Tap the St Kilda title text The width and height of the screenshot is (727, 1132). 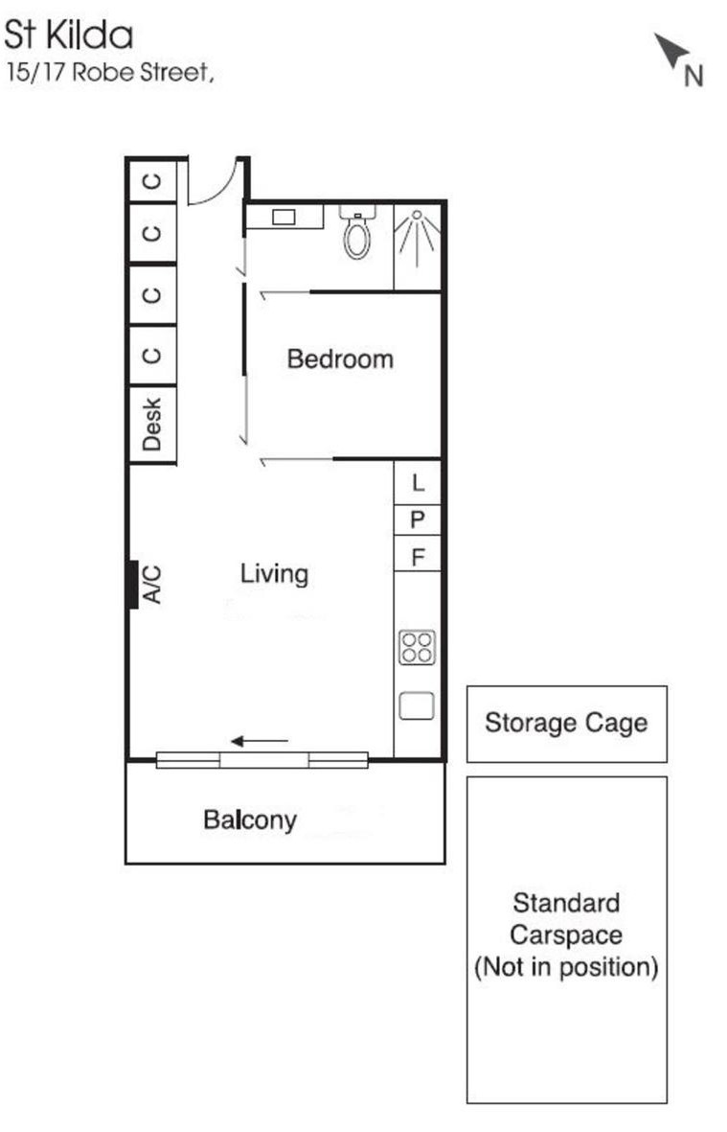[69, 35]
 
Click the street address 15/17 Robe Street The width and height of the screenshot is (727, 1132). [109, 73]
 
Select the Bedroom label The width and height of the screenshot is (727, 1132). [340, 358]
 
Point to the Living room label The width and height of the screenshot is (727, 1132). [274, 575]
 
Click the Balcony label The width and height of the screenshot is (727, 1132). [250, 820]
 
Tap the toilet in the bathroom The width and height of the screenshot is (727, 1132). [357, 231]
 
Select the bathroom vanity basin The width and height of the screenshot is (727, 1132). [284, 217]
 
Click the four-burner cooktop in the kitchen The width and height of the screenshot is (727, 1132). [417, 648]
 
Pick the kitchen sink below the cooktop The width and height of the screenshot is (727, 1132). [417, 706]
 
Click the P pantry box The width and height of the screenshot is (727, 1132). [418, 520]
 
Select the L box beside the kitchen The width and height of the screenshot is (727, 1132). [418, 482]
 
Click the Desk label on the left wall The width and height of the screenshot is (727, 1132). [151, 425]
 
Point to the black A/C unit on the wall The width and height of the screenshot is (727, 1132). [133, 585]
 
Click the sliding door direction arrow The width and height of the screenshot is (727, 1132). [260, 741]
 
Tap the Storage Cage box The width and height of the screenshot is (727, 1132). [567, 724]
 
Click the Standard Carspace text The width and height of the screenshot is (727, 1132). [566, 918]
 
